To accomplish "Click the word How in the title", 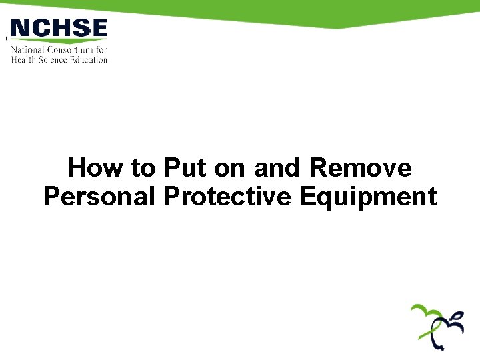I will coord(96,168).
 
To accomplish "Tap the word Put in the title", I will coord(185,168).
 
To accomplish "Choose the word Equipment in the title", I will coord(368,197).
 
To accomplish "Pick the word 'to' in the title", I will coord(143,168).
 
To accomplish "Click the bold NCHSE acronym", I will coord(59,28).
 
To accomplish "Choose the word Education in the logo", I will coord(89,59).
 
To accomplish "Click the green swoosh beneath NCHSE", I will coord(59,41).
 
